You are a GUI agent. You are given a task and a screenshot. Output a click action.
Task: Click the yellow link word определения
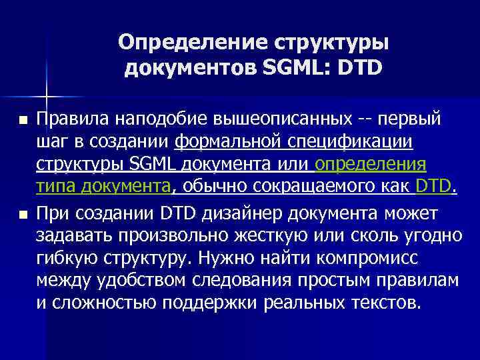[x=371, y=165]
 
